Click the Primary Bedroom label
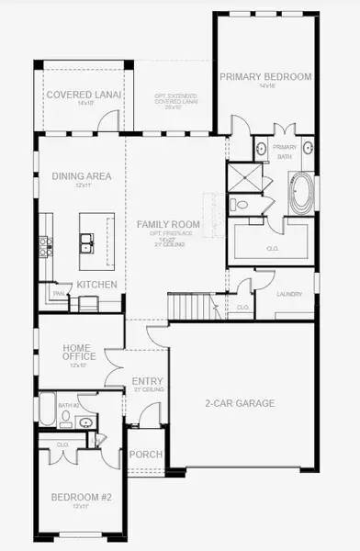[x=265, y=76]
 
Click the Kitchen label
[x=96, y=285]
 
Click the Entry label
[x=148, y=381]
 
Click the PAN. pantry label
[x=57, y=293]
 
